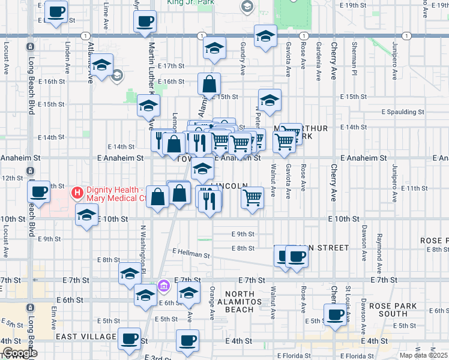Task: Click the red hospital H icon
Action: click(77, 193)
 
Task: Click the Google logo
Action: click(19, 353)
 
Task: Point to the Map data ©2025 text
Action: click(423, 355)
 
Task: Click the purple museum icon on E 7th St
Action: click(163, 287)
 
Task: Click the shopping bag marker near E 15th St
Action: click(209, 85)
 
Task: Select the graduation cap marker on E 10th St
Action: click(87, 215)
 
